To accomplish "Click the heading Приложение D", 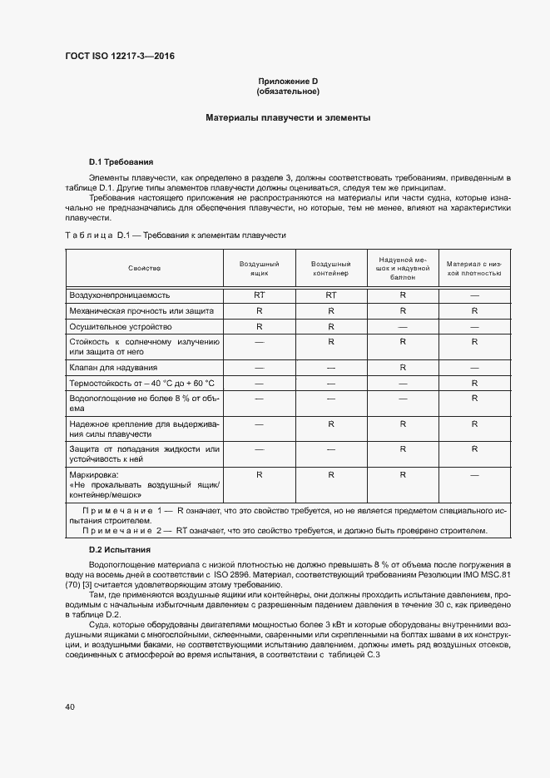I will (288, 81).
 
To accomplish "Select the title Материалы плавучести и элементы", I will (288, 118).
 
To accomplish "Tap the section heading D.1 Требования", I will (121, 161).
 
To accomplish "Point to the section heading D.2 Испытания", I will (120, 550).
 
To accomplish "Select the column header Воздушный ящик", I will (260, 268).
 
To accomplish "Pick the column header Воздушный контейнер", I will (330, 268).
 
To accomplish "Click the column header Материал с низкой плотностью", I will (473, 268).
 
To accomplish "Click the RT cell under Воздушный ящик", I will (260, 295).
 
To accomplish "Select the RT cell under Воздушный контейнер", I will (330, 295).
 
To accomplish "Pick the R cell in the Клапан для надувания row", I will (402, 367).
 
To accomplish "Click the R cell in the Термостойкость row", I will (473, 383).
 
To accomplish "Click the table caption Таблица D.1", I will (176, 235).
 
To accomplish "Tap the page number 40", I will (70, 706).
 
